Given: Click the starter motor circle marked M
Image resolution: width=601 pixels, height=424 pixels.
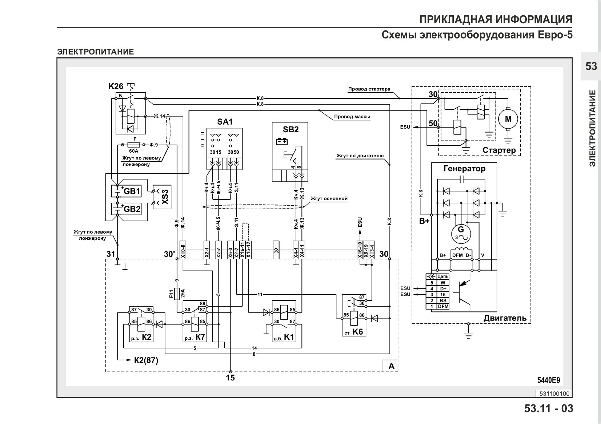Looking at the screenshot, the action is [x=508, y=119].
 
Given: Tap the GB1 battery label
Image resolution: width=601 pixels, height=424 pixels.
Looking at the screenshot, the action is [x=132, y=191].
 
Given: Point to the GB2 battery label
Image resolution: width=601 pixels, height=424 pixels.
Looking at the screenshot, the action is [x=132, y=209].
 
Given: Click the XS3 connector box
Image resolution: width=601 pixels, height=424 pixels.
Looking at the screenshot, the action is [x=162, y=197].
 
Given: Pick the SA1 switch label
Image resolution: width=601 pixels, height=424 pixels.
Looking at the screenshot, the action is [x=225, y=122].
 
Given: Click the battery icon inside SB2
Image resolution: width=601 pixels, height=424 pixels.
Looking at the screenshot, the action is [x=282, y=141].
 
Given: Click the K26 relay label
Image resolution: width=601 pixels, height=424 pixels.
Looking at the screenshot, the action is [x=116, y=86].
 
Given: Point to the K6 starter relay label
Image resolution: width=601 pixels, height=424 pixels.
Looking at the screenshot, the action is [x=357, y=332].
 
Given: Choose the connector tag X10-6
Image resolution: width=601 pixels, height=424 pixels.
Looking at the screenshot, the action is [x=183, y=250].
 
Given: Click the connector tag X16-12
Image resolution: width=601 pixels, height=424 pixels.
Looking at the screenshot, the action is [x=248, y=250].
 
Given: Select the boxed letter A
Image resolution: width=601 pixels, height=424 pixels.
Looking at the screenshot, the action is [x=391, y=366].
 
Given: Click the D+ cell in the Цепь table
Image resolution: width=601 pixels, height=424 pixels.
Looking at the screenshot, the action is [x=443, y=288].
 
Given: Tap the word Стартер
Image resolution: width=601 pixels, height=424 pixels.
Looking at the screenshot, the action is [x=499, y=150].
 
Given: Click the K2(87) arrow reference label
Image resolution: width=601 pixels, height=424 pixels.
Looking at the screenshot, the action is [x=146, y=360].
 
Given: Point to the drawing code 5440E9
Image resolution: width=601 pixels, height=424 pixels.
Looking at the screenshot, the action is [x=549, y=380].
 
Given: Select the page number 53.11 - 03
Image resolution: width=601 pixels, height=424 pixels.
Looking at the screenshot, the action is [x=549, y=408].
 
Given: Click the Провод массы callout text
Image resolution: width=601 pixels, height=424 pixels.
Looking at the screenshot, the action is [x=352, y=117].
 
